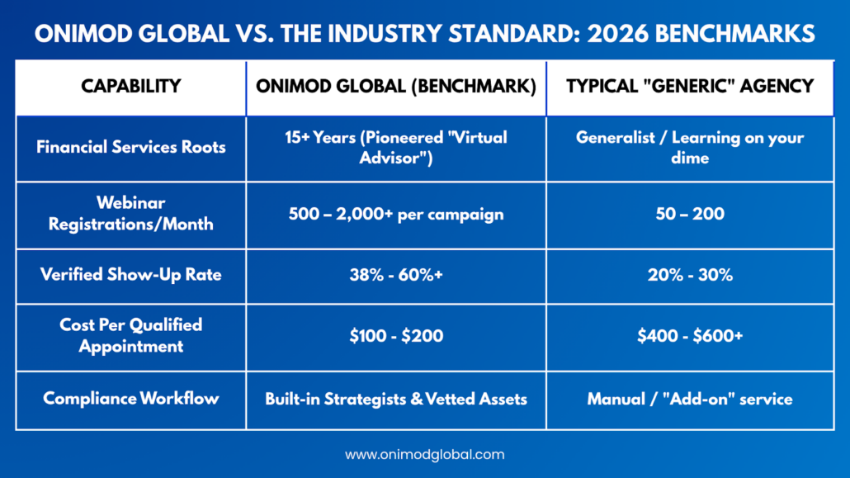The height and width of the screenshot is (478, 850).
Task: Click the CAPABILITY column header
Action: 130,87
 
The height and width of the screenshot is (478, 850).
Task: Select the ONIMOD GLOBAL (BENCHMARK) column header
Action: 396,87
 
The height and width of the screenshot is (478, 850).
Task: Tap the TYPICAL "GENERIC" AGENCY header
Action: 690,87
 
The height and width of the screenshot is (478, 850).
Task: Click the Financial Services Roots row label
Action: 130,147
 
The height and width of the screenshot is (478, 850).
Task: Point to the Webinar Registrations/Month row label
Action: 130,214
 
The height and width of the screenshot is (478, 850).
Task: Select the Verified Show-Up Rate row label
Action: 130,275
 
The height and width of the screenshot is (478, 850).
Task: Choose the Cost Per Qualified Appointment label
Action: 130,335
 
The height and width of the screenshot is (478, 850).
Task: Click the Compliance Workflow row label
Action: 130,399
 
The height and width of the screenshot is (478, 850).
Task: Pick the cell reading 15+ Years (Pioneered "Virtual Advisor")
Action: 396,147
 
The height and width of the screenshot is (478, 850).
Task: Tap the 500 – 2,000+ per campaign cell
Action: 396,214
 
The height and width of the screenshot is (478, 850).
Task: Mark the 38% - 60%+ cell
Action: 396,275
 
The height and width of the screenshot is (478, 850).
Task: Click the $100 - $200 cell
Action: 396,335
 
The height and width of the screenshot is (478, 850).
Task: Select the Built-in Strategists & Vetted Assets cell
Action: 396,399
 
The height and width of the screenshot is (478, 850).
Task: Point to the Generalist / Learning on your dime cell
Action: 690,147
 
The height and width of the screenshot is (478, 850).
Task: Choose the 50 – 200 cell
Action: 690,214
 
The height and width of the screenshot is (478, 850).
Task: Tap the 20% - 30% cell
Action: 690,275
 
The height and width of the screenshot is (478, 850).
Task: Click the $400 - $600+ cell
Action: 690,335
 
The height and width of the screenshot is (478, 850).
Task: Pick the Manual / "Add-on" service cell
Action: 690,399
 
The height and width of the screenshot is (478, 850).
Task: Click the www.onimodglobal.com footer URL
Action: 424,455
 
